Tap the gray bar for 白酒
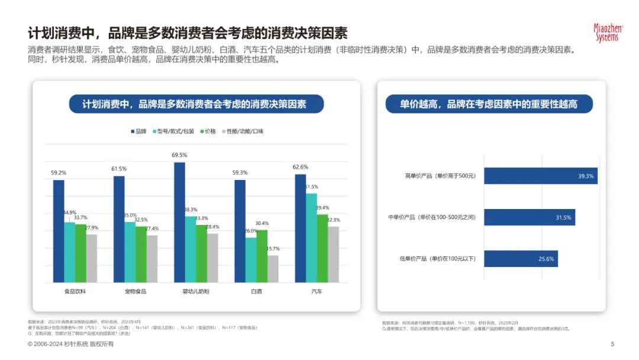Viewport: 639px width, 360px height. pos(273,269)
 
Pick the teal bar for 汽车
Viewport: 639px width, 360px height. pos(311,237)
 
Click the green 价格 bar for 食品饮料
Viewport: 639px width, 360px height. pos(80,253)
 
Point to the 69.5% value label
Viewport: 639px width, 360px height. pos(179,155)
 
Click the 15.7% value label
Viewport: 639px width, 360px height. pos(273,249)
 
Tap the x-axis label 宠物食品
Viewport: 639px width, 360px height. pos(135,291)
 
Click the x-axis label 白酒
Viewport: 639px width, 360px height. pos(256,291)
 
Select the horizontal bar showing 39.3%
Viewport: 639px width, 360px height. pos(540,176)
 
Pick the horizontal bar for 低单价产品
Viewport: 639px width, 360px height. pos(521,259)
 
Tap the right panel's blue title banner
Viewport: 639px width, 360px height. pos(489,104)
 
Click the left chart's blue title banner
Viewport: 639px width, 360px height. pos(196,104)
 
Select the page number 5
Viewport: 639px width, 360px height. pos(612,344)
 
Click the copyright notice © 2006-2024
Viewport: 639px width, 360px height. pos(71,344)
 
